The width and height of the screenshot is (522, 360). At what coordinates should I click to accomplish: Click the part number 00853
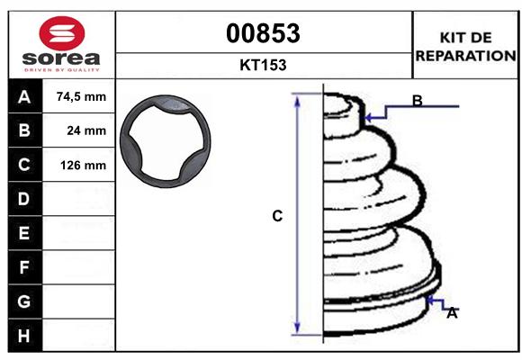(x=263, y=33)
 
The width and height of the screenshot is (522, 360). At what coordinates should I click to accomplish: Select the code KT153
(x=263, y=65)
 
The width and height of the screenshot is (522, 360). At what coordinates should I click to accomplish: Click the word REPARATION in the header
(x=466, y=55)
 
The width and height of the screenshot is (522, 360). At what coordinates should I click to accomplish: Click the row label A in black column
(x=23, y=96)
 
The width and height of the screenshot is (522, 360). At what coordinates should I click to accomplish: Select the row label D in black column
(x=23, y=199)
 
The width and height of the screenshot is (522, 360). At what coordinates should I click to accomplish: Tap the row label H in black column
(x=23, y=336)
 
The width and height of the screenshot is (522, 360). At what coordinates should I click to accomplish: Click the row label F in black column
(x=23, y=267)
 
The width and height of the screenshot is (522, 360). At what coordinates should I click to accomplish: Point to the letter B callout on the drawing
(x=417, y=101)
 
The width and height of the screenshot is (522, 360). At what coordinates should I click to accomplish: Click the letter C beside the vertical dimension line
(x=278, y=216)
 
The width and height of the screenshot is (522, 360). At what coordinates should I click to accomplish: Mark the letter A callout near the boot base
(x=452, y=312)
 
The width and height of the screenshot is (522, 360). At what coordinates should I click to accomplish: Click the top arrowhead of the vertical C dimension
(x=297, y=97)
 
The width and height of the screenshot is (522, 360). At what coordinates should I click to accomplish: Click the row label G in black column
(x=23, y=301)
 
